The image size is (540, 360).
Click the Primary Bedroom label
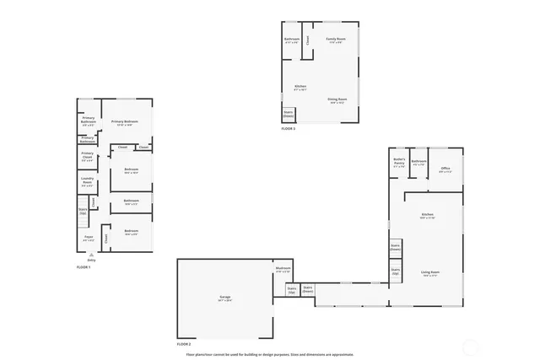pyautogui.click(x=124, y=122)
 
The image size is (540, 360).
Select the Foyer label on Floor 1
pyautogui.click(x=88, y=237)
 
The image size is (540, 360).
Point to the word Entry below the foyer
pyautogui.click(x=92, y=261)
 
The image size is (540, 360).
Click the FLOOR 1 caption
pyautogui.click(x=83, y=267)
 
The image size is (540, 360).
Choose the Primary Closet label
pyautogui.click(x=88, y=155)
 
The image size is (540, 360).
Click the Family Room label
pyautogui.click(x=335, y=40)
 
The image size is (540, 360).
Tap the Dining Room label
pyautogui.click(x=337, y=100)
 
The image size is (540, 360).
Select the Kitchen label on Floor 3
pyautogui.click(x=300, y=87)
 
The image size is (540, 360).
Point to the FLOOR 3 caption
pyautogui.click(x=289, y=129)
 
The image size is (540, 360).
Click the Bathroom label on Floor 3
pyautogui.click(x=292, y=40)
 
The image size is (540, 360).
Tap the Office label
pyautogui.click(x=445, y=168)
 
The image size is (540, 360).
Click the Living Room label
pyautogui.click(x=430, y=272)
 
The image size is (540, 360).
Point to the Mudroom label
pyautogui.click(x=283, y=270)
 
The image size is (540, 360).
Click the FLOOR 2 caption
pyautogui.click(x=184, y=345)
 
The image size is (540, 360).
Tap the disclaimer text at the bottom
pyautogui.click(x=270, y=354)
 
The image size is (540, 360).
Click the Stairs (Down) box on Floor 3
pyautogui.click(x=288, y=114)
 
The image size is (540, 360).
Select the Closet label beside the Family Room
pyautogui.click(x=309, y=40)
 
